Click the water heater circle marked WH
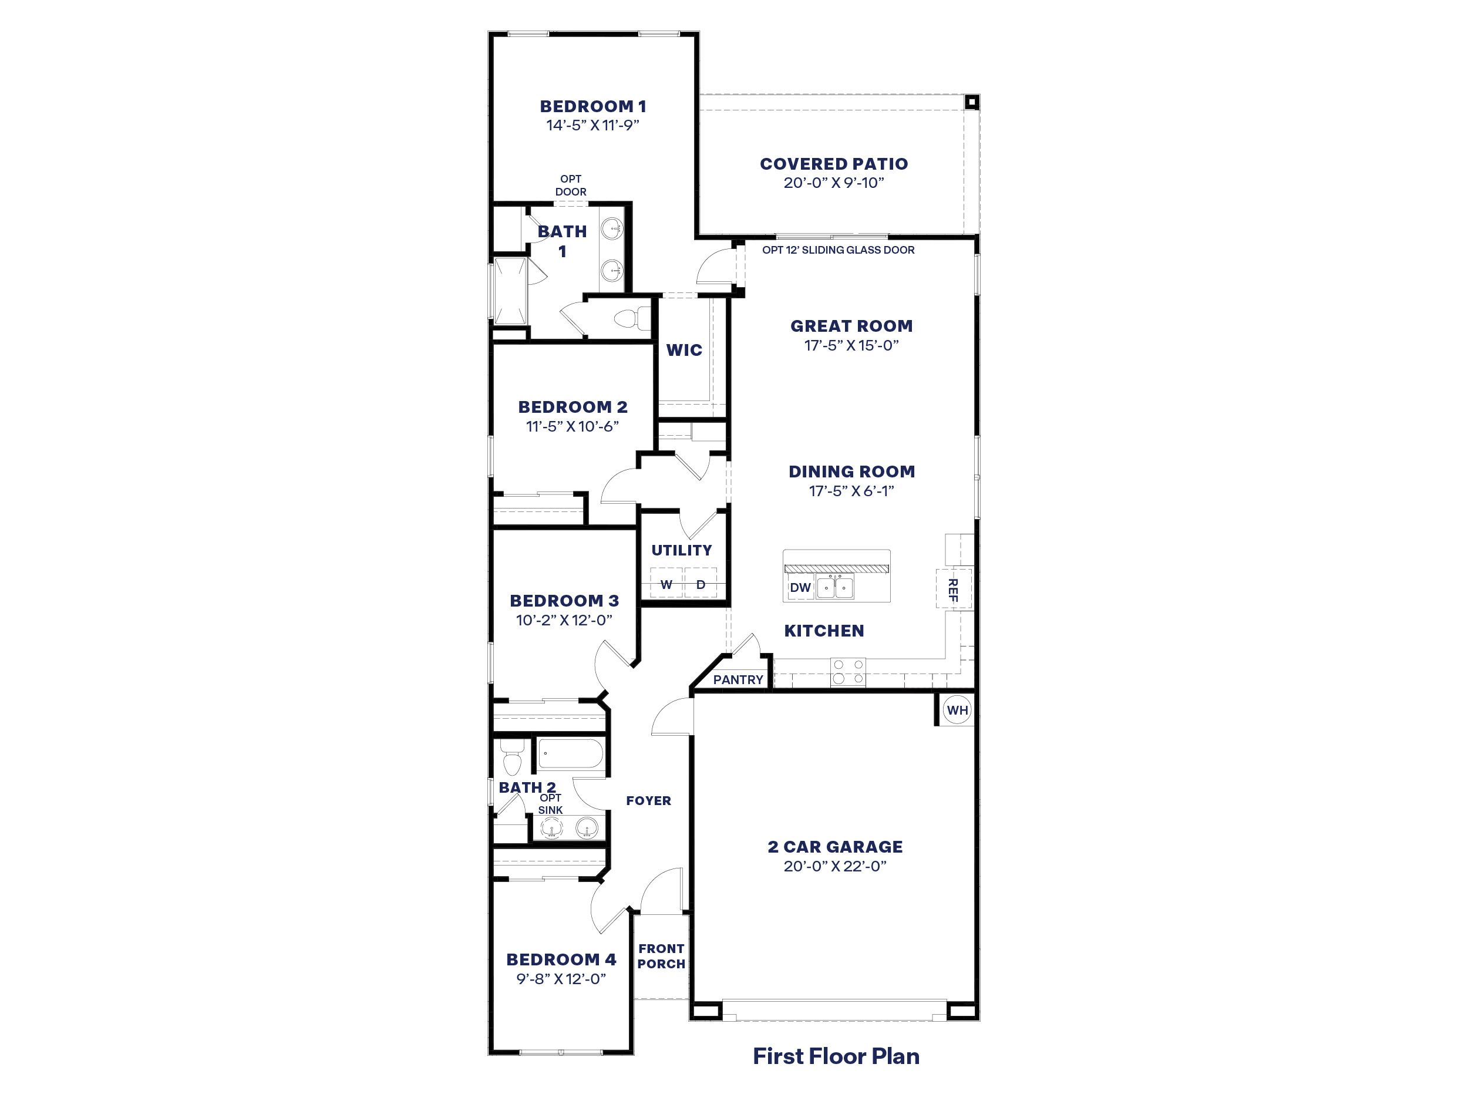click(957, 710)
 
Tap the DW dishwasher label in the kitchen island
click(800, 587)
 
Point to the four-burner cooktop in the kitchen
click(848, 671)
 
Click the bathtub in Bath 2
click(570, 754)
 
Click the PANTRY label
click(738, 679)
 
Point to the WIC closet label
click(684, 350)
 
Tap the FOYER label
click(648, 801)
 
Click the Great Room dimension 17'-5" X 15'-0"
click(851, 345)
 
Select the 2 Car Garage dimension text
click(835, 866)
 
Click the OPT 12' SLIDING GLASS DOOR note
click(838, 250)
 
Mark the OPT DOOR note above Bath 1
click(571, 185)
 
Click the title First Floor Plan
click(836, 1056)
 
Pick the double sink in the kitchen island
click(835, 587)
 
